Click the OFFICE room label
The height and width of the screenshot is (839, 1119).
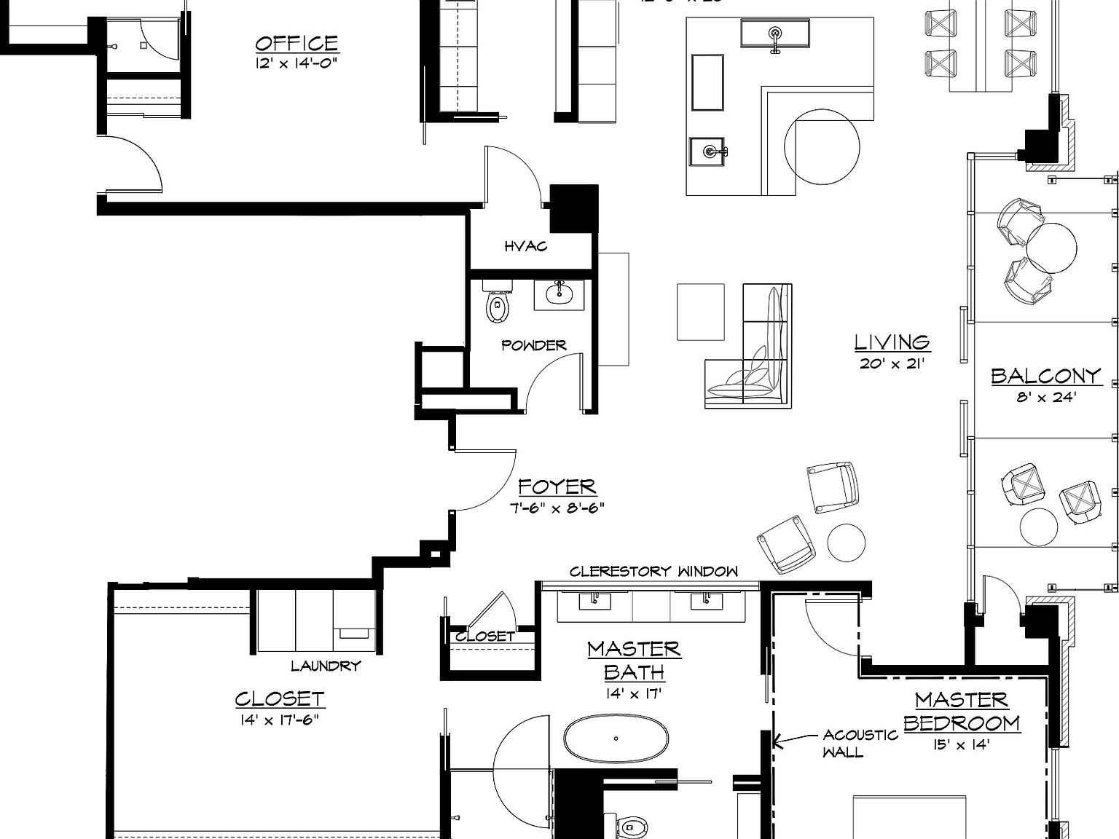click(x=297, y=44)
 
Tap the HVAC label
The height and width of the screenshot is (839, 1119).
click(x=525, y=247)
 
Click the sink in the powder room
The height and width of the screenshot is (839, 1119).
click(x=560, y=293)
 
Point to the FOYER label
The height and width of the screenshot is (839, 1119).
click(x=557, y=487)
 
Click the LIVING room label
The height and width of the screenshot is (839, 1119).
click(x=892, y=342)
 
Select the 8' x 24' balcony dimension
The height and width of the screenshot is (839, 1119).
click(x=1046, y=398)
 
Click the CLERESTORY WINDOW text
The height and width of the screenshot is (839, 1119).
click(x=653, y=572)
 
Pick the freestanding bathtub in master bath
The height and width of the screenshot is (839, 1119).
click(x=616, y=738)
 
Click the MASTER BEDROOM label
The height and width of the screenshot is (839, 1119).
click(x=962, y=712)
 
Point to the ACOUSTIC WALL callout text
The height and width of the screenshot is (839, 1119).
click(x=860, y=744)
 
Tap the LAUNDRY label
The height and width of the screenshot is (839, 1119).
click(x=326, y=666)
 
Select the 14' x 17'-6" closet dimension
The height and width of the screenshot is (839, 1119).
click(x=279, y=720)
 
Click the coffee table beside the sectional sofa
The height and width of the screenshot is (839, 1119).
click(x=700, y=312)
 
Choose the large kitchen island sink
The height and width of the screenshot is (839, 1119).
click(x=775, y=34)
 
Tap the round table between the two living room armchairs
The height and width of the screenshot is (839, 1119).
click(x=847, y=543)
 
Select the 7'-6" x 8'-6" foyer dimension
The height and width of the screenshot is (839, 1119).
click(x=557, y=508)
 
